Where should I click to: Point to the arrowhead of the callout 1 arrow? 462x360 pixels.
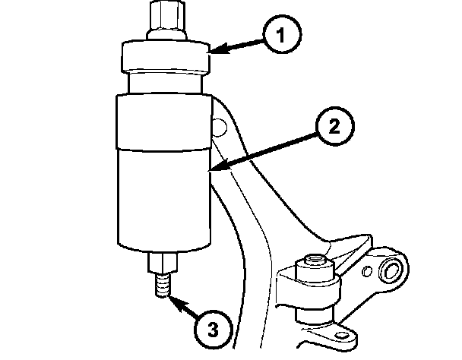pos(210,52)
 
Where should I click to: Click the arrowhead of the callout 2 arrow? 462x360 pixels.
pos(213,169)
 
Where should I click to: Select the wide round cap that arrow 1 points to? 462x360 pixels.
pos(165,58)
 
